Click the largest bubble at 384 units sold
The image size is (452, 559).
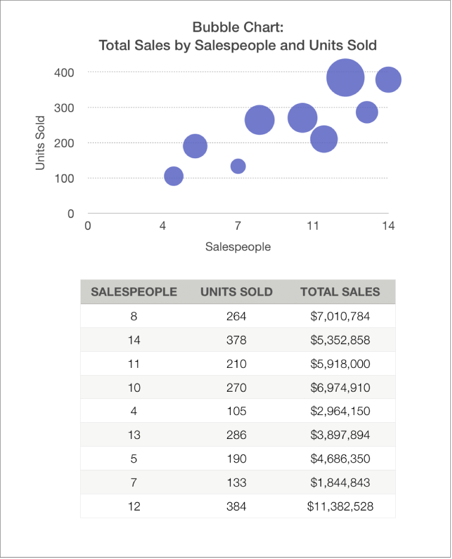[x=346, y=77]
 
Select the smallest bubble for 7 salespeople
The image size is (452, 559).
[x=238, y=166]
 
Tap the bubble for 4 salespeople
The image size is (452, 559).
[x=173, y=176]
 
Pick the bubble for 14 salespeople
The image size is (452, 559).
[x=388, y=79]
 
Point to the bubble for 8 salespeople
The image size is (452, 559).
[x=259, y=120]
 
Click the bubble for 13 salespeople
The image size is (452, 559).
[x=367, y=112]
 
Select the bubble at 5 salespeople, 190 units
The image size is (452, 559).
[x=195, y=146]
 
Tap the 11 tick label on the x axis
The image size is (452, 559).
[x=313, y=226]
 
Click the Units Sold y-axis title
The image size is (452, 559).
[x=40, y=143]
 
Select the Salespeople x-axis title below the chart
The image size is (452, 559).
[x=238, y=247]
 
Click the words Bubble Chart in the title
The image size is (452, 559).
[x=237, y=27]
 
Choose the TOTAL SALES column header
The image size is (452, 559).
[x=340, y=292]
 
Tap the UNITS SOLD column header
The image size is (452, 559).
[x=236, y=292]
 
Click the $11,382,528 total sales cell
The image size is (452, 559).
[x=340, y=506]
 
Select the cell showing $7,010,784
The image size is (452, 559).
[x=340, y=316]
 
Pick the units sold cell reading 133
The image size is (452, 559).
[x=236, y=483]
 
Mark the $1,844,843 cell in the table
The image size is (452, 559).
[x=340, y=483]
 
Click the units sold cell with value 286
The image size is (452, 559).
[x=236, y=435]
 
